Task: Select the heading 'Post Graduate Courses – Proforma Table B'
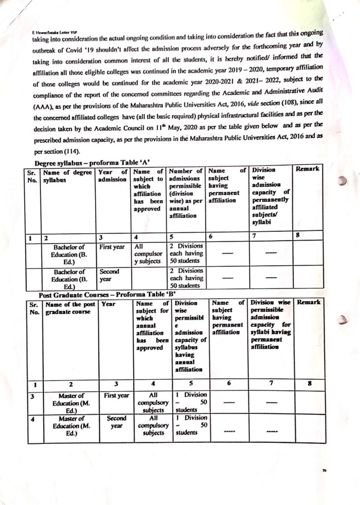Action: tap(100, 294)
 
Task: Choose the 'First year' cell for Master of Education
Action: tap(116, 396)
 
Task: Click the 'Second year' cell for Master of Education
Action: tap(117, 422)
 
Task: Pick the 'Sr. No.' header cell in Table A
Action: tap(33, 175)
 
